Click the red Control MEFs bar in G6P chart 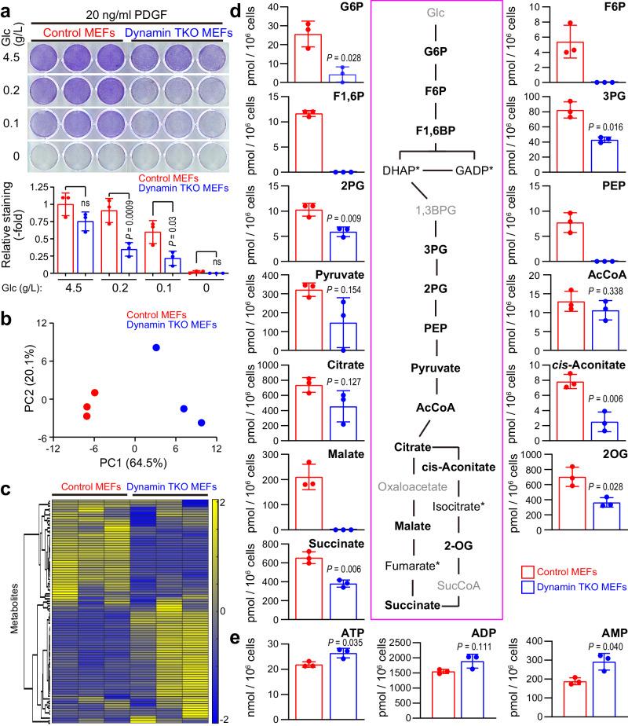[x=307, y=58]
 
